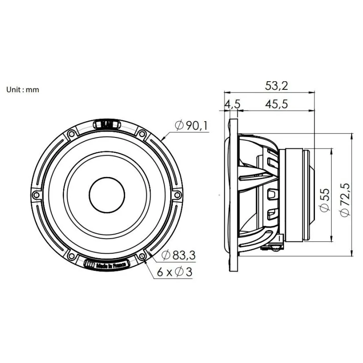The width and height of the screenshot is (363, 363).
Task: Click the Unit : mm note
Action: coord(23,89)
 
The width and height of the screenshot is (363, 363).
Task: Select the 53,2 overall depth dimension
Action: coord(276,86)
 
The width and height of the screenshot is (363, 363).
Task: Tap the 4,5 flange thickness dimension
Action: coord(232,104)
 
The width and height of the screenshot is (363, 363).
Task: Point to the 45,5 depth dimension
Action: coord(276,104)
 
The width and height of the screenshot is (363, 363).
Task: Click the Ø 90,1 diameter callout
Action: coord(191,126)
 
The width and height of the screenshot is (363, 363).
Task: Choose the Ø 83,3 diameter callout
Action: coord(178,255)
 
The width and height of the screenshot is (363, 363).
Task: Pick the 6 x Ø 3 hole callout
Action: coord(175,272)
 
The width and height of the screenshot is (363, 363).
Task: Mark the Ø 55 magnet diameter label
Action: coord(324,200)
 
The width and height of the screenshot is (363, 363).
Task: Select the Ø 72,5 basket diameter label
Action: coord(345,200)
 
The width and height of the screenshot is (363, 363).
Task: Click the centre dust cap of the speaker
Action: coord(107,195)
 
